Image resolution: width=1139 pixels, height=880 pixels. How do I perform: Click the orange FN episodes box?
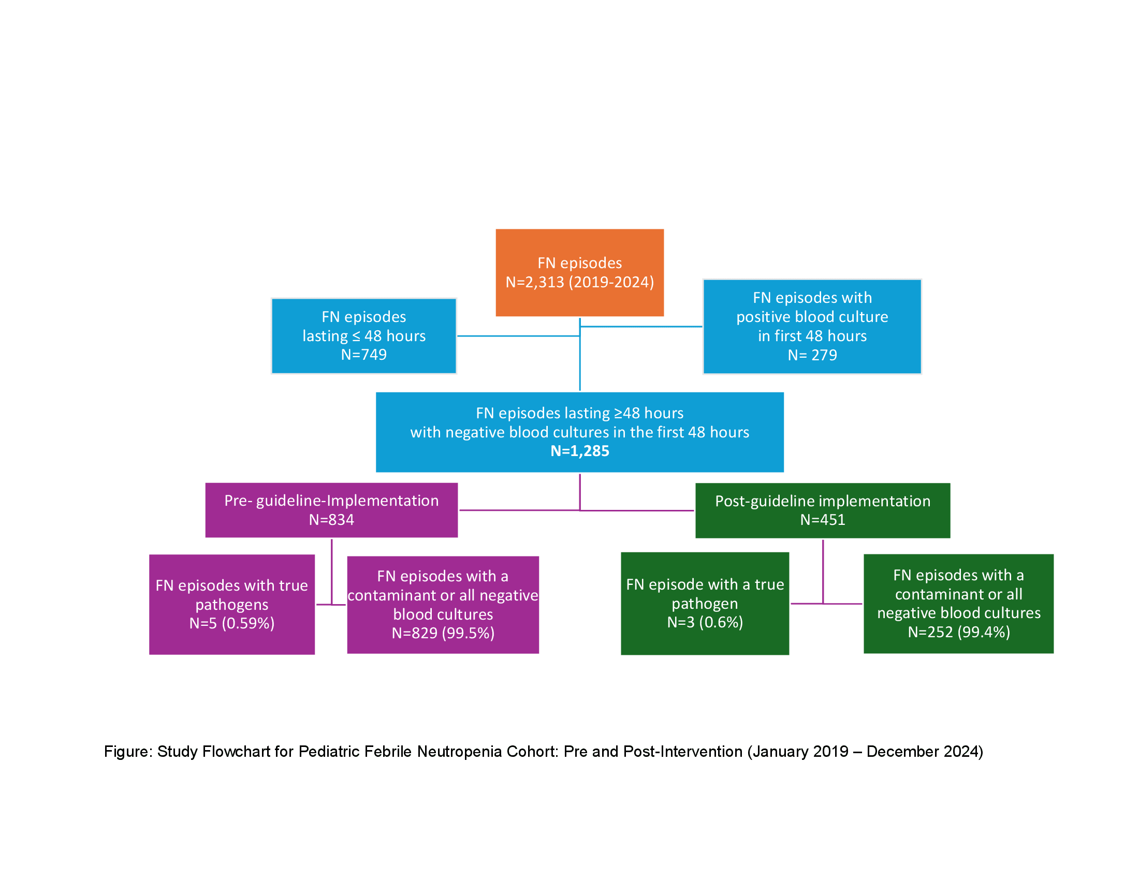579,273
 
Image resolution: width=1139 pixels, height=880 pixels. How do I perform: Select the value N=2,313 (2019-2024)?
579,282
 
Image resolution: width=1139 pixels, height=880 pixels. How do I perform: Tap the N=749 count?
363,355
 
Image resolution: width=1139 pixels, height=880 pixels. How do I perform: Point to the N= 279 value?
812,355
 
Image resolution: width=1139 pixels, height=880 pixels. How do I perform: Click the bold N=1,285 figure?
579,451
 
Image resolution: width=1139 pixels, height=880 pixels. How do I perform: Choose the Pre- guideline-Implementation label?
331,501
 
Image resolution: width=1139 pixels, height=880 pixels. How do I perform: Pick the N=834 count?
331,520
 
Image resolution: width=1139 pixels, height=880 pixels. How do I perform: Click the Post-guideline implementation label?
823,501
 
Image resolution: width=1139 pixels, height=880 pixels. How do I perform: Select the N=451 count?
823,520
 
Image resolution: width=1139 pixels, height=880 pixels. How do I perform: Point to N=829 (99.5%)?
443,633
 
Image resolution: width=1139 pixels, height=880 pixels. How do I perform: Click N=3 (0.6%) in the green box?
705,622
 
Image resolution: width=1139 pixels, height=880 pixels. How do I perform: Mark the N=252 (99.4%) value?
958,632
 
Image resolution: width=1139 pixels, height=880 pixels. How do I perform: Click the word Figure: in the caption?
128,752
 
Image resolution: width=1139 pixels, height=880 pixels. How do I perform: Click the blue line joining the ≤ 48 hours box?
518,336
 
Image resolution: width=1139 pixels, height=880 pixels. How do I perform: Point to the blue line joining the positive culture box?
641,327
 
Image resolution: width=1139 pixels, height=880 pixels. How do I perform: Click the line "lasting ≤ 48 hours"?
363,336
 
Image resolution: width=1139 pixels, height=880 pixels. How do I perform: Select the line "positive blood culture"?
812,317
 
